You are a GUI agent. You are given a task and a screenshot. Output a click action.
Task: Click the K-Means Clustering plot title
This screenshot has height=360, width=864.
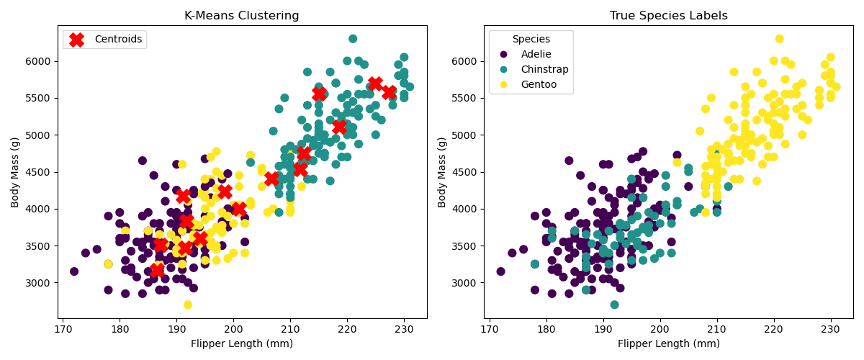pos(242,16)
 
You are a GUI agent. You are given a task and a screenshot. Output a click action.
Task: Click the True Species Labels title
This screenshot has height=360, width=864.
pos(668,16)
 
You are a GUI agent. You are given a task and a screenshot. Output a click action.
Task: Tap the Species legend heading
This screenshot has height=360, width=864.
pos(531,39)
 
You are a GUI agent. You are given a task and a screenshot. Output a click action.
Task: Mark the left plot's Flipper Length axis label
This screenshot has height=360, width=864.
pos(242,344)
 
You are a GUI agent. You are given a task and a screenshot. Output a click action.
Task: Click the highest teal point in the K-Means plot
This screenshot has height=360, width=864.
pos(353,39)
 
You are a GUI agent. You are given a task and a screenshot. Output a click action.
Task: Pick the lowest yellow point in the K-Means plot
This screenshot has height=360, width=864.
pos(188,305)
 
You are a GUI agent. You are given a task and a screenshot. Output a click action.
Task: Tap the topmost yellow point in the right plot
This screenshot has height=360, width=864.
pos(779,39)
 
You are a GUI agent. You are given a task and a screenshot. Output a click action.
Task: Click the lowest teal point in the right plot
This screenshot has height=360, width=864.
pos(614,305)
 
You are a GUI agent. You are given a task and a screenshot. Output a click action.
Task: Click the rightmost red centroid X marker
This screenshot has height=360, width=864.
pos(389,93)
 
